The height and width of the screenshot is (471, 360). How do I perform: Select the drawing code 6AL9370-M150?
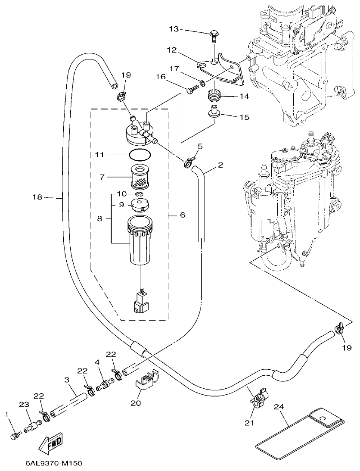coord(53,464)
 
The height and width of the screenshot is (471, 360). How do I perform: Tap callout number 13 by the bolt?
coord(173,29)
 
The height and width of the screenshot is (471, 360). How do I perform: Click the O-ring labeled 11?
coord(140,154)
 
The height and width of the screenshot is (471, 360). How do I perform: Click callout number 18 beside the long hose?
coord(38,197)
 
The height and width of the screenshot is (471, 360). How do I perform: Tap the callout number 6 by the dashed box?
coord(182,215)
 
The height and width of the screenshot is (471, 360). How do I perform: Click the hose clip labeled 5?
coord(189,162)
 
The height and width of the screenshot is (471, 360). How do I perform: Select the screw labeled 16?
coord(192,89)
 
